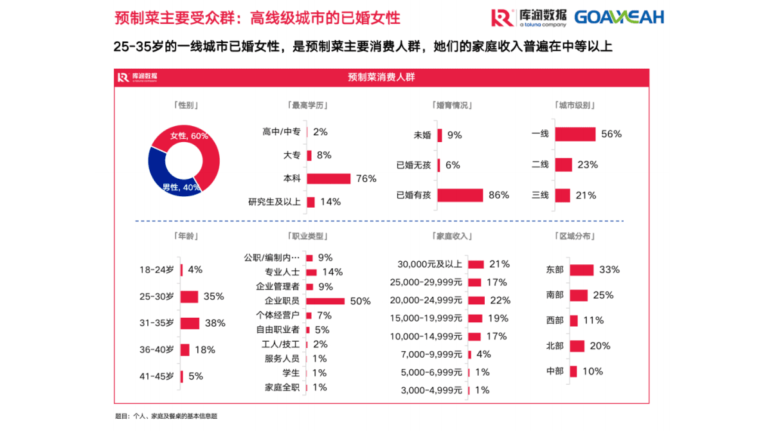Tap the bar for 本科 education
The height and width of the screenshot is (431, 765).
click(x=328, y=178)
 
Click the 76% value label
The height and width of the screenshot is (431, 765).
click(x=366, y=179)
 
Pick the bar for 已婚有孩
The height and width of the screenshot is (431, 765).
click(x=460, y=195)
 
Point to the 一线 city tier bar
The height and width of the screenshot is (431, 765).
click(x=575, y=134)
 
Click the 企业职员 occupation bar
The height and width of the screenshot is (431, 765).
click(x=325, y=301)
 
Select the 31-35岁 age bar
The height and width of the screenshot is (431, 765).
click(x=190, y=323)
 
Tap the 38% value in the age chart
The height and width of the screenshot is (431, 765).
click(x=215, y=323)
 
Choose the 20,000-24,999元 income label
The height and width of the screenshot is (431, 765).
click(x=426, y=300)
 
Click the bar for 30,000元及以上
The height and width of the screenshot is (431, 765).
click(x=476, y=264)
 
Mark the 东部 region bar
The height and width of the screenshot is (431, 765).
click(x=581, y=270)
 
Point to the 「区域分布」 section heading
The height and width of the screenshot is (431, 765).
click(x=573, y=236)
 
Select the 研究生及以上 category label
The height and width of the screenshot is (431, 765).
click(x=274, y=202)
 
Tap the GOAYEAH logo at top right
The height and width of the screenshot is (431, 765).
click(x=618, y=17)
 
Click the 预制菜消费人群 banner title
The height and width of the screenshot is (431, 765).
click(x=382, y=77)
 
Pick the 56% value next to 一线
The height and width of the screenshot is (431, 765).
click(x=611, y=134)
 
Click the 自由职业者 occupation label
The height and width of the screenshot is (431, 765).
click(x=278, y=330)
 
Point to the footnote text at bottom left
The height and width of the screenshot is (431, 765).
click(x=165, y=416)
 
